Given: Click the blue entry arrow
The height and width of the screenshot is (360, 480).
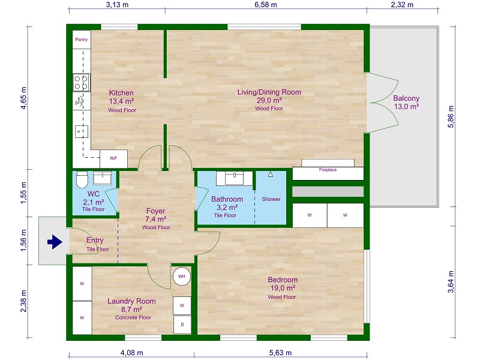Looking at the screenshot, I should click(x=55, y=242).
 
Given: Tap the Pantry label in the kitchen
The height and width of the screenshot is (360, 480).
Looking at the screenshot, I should click(x=81, y=40).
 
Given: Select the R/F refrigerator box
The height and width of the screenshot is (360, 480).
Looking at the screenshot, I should click(x=113, y=159).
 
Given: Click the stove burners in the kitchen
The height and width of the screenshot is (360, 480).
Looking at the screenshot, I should click(x=81, y=81).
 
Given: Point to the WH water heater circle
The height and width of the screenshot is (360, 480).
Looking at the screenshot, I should click(x=181, y=275).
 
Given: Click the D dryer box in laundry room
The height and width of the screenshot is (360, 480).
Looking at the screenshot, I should click(x=182, y=325).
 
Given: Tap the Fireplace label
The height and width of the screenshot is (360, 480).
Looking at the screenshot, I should click(x=327, y=170).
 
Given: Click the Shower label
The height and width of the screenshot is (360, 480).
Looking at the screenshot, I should click(x=271, y=199).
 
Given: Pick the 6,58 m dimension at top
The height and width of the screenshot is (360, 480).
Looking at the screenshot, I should click(x=265, y=5).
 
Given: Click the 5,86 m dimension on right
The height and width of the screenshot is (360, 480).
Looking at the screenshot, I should click(x=452, y=118).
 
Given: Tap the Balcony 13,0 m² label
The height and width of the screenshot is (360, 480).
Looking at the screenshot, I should click(x=406, y=102).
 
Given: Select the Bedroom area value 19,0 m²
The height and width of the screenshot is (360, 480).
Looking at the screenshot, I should click(x=283, y=288).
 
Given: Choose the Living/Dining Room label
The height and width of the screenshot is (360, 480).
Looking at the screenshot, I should click(x=269, y=92).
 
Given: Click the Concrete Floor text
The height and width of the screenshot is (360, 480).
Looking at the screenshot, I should click(x=133, y=317).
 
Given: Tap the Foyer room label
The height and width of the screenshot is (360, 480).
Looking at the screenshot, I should click(x=155, y=211).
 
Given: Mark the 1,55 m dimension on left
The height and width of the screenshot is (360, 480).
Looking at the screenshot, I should click(x=24, y=194).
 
